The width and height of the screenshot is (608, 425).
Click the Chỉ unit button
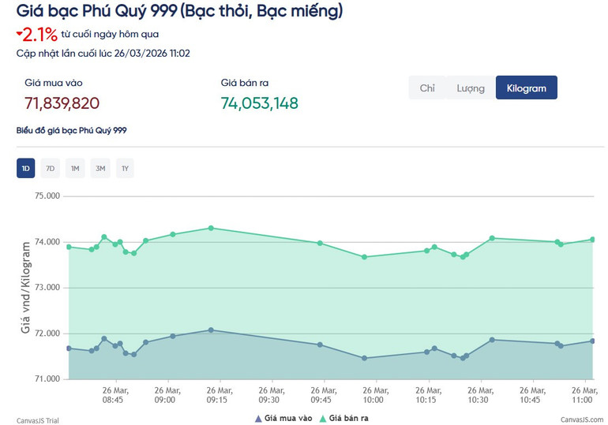427,88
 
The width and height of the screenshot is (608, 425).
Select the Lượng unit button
471,88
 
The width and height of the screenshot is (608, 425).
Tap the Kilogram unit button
526,88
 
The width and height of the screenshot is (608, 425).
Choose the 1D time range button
26,168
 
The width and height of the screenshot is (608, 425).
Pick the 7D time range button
50,168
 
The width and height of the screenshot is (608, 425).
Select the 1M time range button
75,168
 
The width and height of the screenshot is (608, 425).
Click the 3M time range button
100,168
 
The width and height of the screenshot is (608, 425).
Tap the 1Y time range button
125,168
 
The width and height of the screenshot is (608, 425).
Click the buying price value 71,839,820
62,103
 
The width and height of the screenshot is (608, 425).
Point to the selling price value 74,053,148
259,103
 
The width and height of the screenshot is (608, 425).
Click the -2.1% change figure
36,35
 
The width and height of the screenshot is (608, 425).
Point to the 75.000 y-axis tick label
48,196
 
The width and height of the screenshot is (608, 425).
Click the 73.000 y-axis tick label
48,288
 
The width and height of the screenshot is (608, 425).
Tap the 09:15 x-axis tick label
217,394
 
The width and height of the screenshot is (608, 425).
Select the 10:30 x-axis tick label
478,394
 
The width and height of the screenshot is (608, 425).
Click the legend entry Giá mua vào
287,418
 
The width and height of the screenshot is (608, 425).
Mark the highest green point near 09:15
211,228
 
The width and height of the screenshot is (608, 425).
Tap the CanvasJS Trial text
38,420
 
